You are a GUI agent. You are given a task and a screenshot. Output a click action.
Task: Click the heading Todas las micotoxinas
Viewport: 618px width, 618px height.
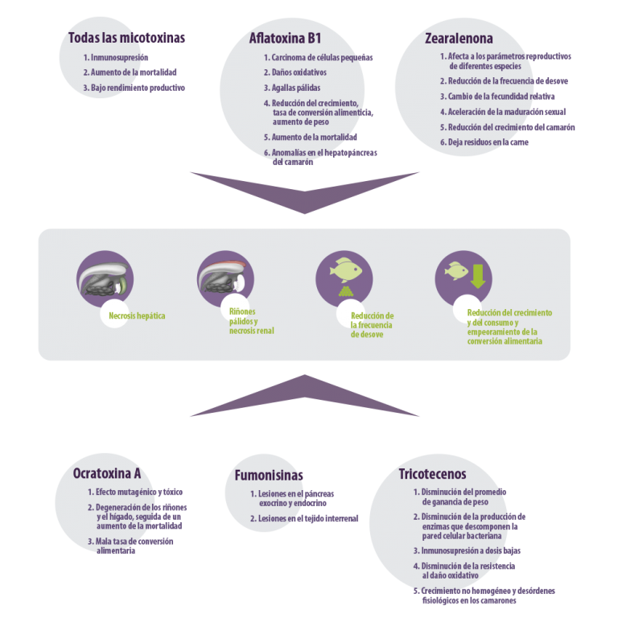126,38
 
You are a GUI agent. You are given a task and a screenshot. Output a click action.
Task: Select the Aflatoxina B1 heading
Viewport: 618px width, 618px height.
285,39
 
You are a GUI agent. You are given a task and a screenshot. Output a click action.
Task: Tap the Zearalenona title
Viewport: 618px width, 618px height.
459,39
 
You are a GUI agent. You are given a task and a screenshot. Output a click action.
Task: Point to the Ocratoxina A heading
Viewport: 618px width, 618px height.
107,473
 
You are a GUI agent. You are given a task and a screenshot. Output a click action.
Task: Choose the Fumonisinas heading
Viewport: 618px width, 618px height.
269,476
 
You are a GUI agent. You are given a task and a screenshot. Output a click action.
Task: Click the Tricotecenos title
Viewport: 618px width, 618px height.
432,474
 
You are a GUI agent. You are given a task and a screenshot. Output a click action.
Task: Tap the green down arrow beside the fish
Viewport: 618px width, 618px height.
478,276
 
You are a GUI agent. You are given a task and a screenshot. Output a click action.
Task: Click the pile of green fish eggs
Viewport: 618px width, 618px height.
346,291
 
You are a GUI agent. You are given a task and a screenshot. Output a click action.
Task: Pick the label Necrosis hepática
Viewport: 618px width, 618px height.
137,315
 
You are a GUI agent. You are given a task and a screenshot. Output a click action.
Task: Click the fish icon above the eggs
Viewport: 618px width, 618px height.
346,270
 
